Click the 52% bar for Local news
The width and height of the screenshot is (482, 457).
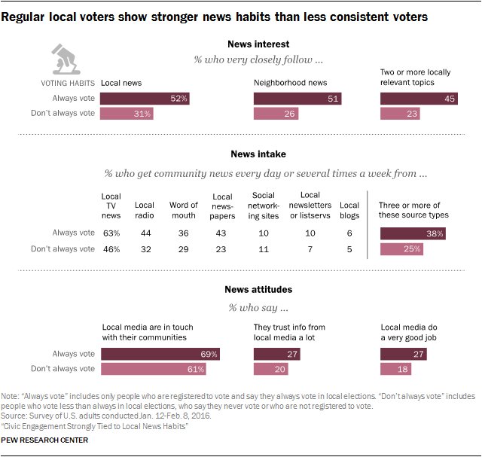[x=145, y=98]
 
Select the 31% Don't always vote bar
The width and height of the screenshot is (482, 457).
[x=127, y=113]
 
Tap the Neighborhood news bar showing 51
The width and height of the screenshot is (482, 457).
[x=297, y=98]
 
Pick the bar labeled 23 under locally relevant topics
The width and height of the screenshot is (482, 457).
[x=401, y=113]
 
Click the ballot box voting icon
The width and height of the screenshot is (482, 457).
[x=66, y=59]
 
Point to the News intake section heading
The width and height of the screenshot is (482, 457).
[x=258, y=154]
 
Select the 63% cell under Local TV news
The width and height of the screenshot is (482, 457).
[x=111, y=233]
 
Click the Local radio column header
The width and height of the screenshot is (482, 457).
[x=145, y=210]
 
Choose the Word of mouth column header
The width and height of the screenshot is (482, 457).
[x=184, y=210]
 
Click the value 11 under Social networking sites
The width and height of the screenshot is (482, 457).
[x=264, y=248]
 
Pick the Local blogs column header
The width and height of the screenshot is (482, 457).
[x=349, y=210]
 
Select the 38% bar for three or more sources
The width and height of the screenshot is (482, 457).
[x=413, y=233]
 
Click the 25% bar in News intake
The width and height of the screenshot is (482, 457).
[x=402, y=248]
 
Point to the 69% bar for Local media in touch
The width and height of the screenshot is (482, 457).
[x=160, y=354]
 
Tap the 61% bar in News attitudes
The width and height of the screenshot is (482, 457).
[x=154, y=369]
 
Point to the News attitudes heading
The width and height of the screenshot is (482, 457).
[x=258, y=289]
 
